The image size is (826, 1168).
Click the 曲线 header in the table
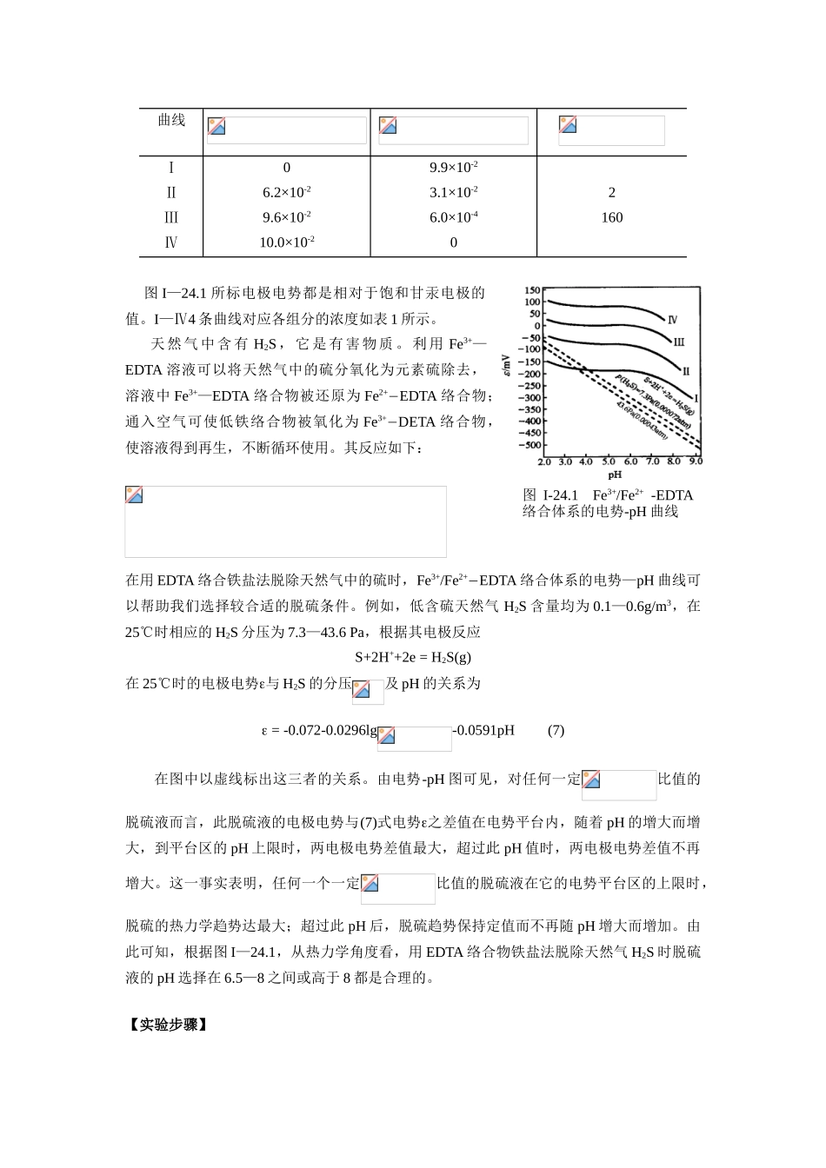point(170,120)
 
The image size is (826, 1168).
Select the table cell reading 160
point(611,217)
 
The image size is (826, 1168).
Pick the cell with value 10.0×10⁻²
point(286,242)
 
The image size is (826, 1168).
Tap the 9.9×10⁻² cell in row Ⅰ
point(453,168)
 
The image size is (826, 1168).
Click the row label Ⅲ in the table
point(170,217)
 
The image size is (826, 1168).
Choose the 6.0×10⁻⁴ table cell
point(453,217)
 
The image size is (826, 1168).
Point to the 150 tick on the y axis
point(530,291)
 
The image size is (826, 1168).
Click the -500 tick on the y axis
point(528,445)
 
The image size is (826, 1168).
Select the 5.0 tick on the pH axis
point(608,461)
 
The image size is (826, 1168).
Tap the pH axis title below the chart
point(614,474)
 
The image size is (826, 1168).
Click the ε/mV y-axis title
point(508,366)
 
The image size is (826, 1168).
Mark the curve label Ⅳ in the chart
point(672,320)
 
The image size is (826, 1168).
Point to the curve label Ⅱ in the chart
point(685,371)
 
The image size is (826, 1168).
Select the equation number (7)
point(556,730)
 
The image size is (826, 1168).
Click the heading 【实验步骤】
point(167,1025)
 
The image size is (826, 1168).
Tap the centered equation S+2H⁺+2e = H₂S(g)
point(413,657)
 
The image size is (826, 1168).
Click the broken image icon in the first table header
point(216,126)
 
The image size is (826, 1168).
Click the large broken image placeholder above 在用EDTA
point(285,521)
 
